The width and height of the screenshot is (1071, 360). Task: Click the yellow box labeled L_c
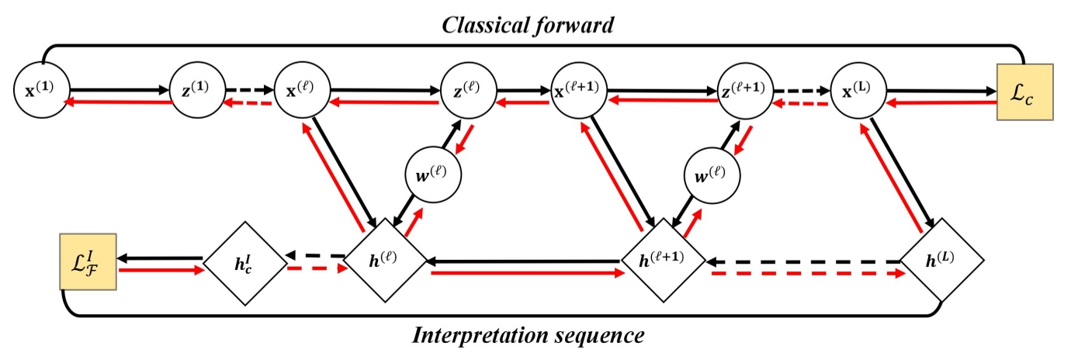point(1025,92)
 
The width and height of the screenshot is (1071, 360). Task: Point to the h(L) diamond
point(943,259)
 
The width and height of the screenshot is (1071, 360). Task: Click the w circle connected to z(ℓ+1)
point(712,178)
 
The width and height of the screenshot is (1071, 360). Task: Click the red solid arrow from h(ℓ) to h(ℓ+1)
point(528,272)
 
